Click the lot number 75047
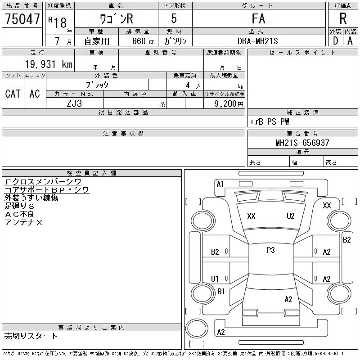click(x=22, y=18)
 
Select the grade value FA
click(x=258, y=18)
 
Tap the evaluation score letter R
click(x=343, y=18)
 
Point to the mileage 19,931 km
click(x=49, y=64)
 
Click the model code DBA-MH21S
click(x=257, y=41)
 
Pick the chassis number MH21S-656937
click(x=302, y=143)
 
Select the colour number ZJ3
click(x=74, y=103)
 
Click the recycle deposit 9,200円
click(x=229, y=104)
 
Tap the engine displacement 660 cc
click(x=143, y=41)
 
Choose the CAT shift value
click(x=13, y=94)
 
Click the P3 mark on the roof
click(x=271, y=250)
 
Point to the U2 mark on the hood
click(x=290, y=216)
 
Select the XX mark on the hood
click(x=251, y=216)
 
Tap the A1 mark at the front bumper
click(x=220, y=184)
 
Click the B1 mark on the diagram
click(x=221, y=292)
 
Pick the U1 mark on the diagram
click(x=215, y=279)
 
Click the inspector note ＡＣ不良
click(x=19, y=214)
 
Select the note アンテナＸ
click(x=23, y=222)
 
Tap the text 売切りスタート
click(x=31, y=336)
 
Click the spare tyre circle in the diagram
click(x=197, y=328)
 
